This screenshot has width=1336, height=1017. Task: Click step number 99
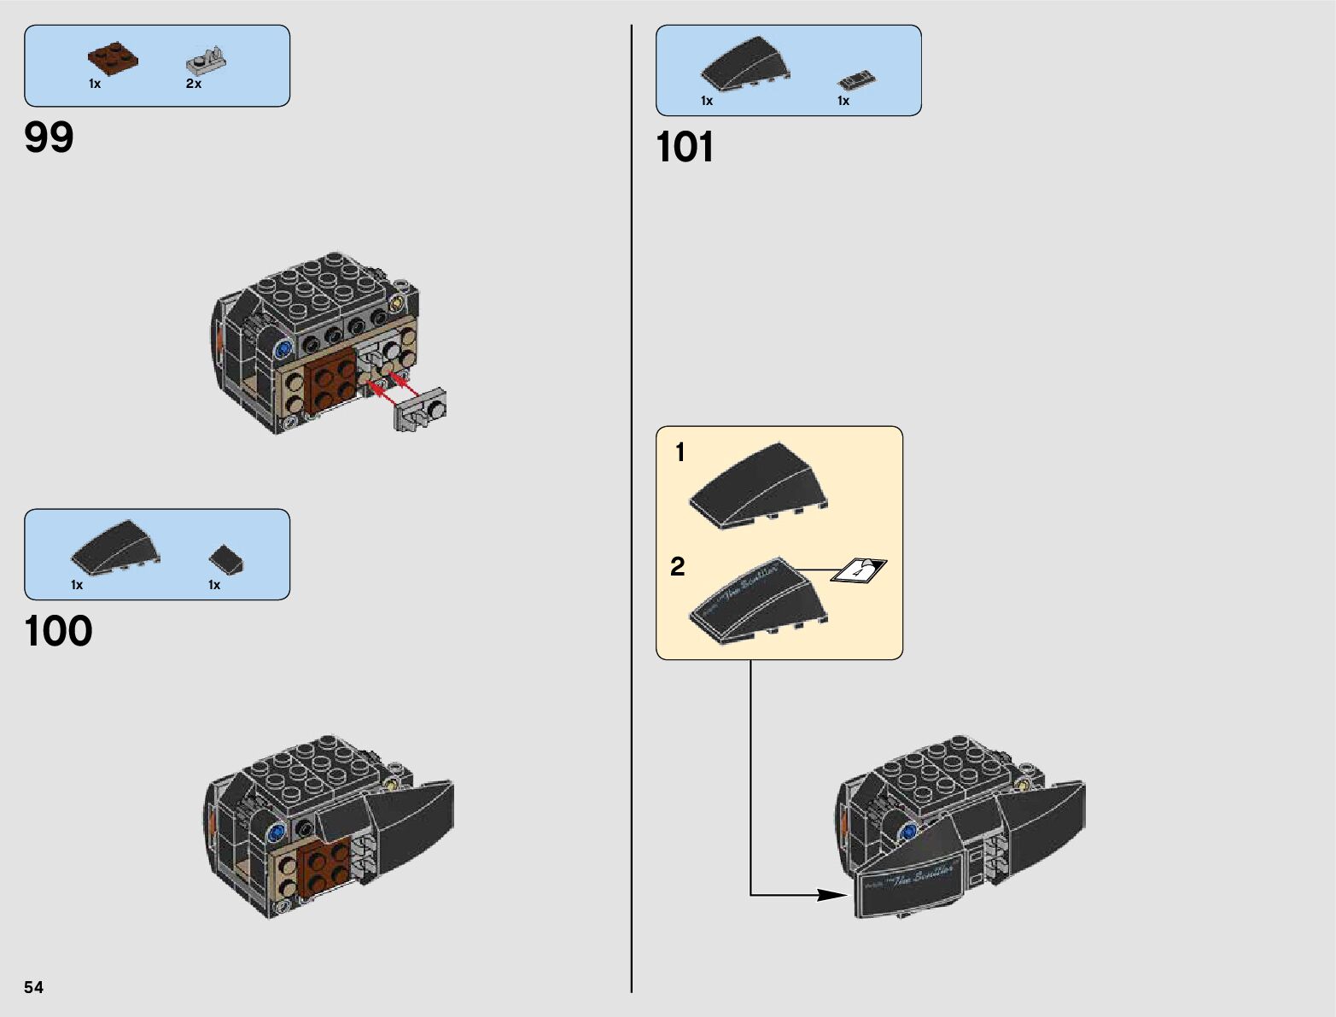coord(50,137)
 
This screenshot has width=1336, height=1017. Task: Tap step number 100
coord(58,632)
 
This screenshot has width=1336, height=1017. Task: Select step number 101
coord(685,147)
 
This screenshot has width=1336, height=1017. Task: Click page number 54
coord(33,987)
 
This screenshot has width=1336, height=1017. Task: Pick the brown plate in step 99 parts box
coord(113,60)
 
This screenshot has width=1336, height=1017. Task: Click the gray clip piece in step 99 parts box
coord(207,61)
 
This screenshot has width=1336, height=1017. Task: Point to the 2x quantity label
coord(194,84)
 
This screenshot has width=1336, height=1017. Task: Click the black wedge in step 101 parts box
coord(744,63)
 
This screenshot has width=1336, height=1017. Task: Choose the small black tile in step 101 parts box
coord(856,81)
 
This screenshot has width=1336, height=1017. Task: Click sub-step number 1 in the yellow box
coord(680,453)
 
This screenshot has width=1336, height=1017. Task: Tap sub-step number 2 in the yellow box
coord(678,567)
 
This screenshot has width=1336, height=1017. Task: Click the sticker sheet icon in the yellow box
coord(860,570)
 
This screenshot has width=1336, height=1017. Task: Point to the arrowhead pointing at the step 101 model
coord(832,895)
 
